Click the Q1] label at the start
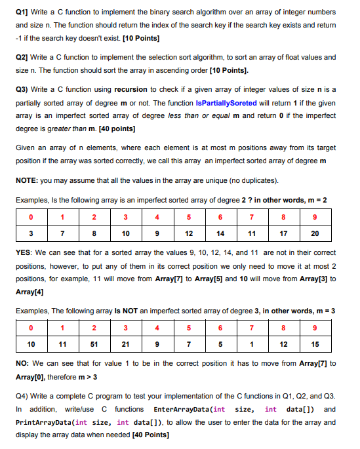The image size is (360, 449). [22, 12]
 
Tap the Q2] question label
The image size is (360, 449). [22, 58]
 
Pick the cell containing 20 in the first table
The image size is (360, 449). [315, 233]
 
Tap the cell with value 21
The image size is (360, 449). [125, 344]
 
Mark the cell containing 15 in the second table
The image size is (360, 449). [315, 344]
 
